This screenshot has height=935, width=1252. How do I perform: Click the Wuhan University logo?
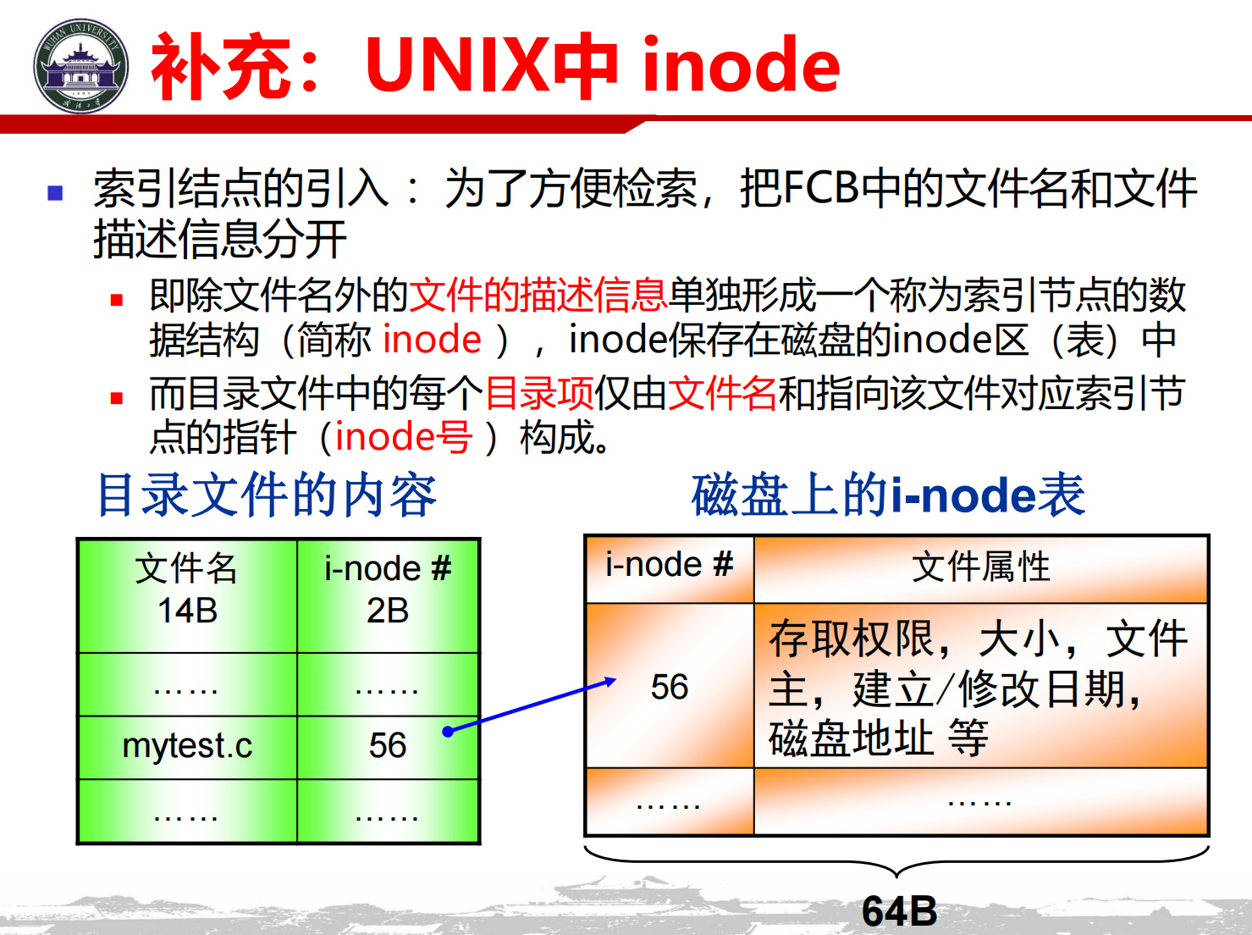(80, 65)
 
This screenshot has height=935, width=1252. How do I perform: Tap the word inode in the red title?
(741, 64)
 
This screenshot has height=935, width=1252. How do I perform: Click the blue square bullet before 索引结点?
(55, 193)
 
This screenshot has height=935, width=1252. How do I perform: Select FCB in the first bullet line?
(821, 188)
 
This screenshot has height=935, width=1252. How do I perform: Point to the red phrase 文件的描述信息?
(538, 295)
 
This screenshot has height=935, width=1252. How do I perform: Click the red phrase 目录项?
(539, 393)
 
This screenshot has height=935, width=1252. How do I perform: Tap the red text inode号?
(404, 438)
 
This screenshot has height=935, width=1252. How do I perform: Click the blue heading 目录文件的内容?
(267, 495)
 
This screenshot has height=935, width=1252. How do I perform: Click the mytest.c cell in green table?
(187, 746)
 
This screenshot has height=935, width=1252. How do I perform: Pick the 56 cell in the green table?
(388, 746)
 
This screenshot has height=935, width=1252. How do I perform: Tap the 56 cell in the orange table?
(670, 686)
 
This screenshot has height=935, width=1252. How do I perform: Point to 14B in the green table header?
(188, 611)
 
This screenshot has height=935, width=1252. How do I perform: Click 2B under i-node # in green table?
(388, 611)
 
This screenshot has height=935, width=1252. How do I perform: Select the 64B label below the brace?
(899, 911)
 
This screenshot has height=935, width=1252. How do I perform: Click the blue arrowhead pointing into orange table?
(610, 681)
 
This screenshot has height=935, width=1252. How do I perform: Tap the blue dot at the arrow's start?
(448, 732)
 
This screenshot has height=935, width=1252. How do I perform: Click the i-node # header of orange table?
(670, 566)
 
